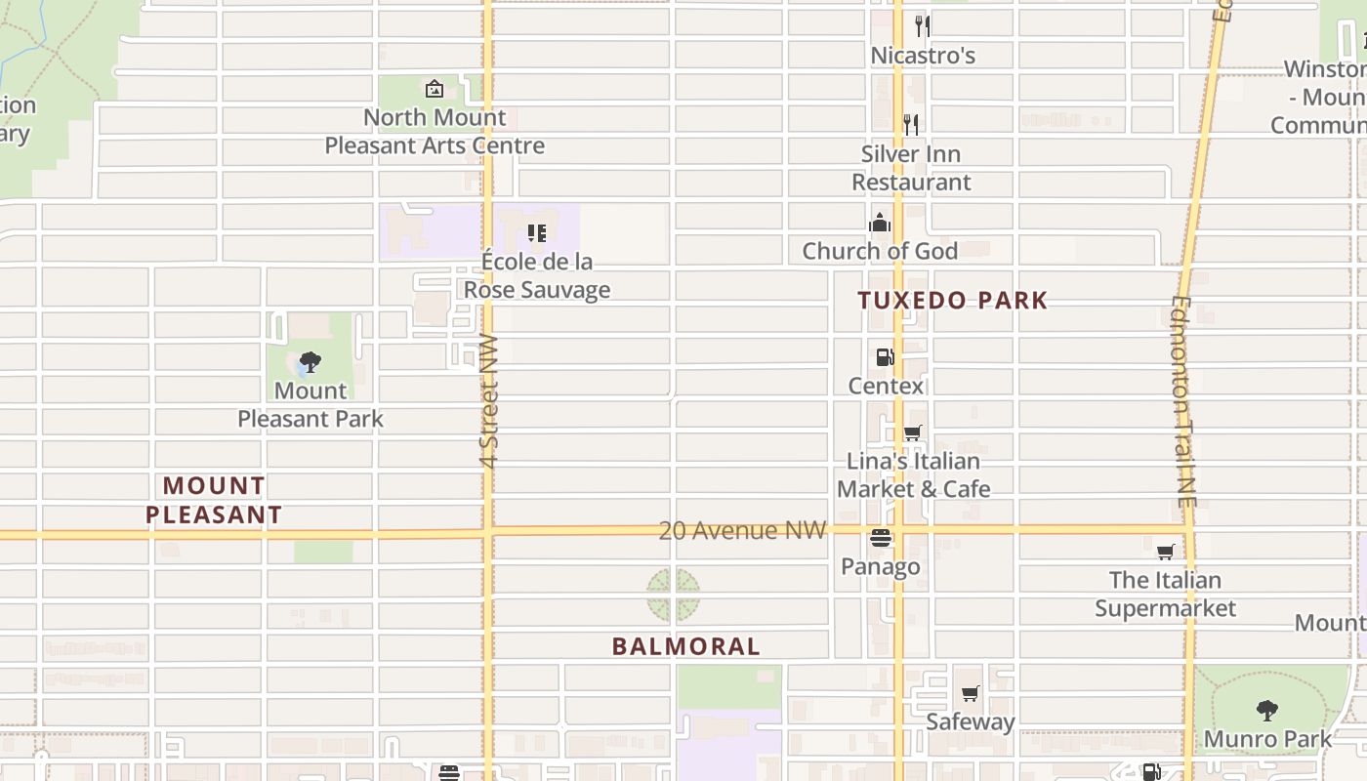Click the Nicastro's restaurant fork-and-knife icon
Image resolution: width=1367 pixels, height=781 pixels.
click(922, 26)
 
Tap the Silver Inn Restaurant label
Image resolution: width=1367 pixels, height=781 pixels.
click(911, 168)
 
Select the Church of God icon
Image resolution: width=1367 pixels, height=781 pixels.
click(880, 224)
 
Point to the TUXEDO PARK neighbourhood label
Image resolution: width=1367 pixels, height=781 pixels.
click(953, 301)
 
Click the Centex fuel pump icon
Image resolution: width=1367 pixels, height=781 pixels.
click(885, 357)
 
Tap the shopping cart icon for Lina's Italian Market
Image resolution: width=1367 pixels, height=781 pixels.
click(912, 432)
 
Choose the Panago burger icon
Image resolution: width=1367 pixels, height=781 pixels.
click(881, 538)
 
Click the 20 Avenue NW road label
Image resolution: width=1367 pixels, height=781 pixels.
click(742, 530)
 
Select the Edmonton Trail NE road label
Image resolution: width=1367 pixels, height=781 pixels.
click(1183, 400)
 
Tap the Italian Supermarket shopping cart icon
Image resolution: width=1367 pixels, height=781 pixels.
click(1165, 553)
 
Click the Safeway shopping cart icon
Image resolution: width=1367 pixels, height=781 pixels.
click(970, 694)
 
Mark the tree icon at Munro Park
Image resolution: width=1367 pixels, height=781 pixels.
click(1266, 710)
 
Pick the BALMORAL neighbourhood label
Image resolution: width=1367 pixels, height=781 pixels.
click(686, 646)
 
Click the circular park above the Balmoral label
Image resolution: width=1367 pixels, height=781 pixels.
click(673, 596)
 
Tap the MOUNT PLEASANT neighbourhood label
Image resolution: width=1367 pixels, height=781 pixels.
click(214, 500)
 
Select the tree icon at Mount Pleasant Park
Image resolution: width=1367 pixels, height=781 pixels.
click(311, 363)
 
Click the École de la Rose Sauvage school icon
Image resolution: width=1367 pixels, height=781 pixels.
click(536, 233)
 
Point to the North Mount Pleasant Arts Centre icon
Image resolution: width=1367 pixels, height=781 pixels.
click(435, 90)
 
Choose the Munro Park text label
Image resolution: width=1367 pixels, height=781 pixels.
click(1267, 739)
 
